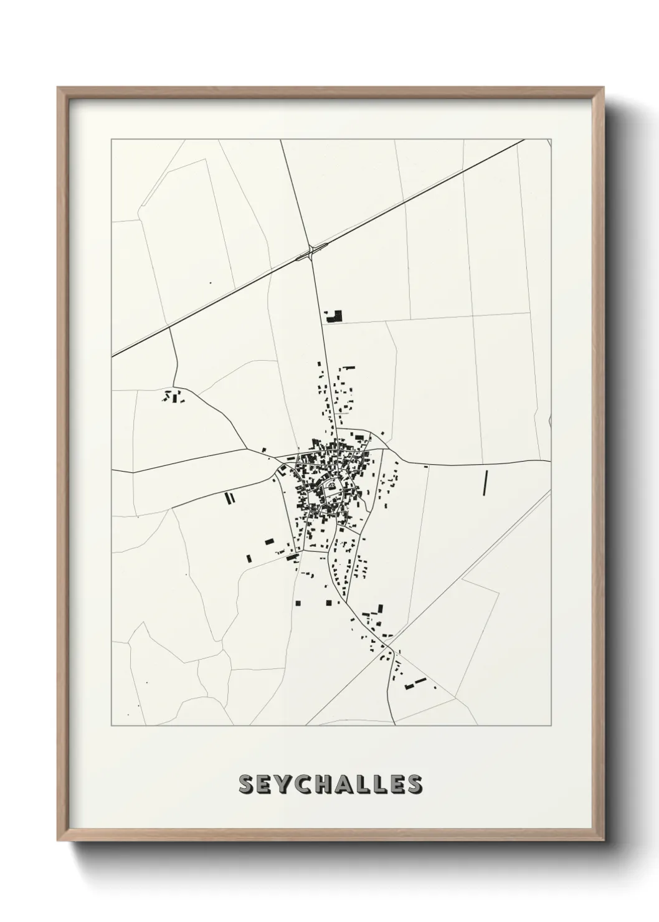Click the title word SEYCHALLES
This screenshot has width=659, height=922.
329,784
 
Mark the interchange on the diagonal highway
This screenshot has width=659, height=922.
310,252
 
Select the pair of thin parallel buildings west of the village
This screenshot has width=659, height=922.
229,497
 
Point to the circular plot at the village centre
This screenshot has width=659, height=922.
333,486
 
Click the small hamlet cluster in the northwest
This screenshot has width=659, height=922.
173,396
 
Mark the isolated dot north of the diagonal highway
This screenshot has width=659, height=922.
211,283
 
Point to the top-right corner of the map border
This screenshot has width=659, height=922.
552,139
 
